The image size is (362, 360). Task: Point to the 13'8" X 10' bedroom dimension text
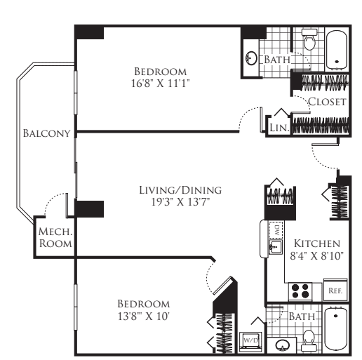pyautogui.click(x=143, y=316)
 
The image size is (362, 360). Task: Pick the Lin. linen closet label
pyautogui.click(x=279, y=128)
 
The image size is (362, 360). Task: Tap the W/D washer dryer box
pyautogui.click(x=250, y=340)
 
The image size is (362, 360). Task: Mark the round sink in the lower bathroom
pyautogui.click(x=282, y=345)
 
